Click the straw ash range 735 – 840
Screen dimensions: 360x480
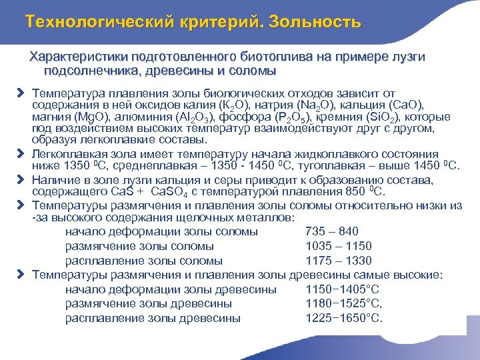click(331, 231)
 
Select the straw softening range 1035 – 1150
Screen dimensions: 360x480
click(338, 246)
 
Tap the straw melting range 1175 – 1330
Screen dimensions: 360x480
click(338, 261)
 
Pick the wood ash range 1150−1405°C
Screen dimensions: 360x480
click(342, 289)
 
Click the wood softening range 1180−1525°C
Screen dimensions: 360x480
click(343, 304)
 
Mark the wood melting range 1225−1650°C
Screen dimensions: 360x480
click(343, 318)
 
